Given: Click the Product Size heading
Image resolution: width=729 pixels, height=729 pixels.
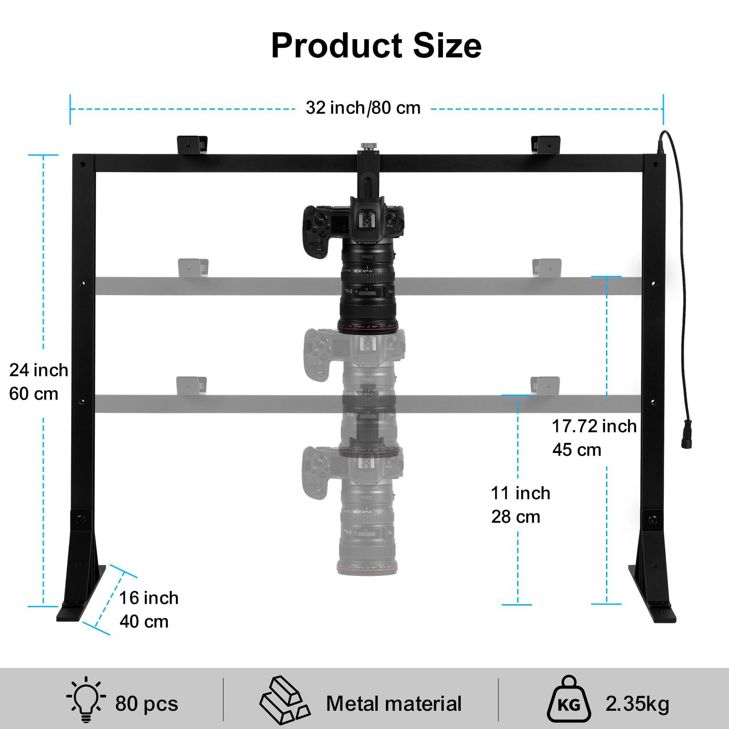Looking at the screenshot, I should pos(376,46).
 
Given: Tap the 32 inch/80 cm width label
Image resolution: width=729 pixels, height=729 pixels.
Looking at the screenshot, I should pos(363,108).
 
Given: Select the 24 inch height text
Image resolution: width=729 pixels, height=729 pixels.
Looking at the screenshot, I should pos(38,370).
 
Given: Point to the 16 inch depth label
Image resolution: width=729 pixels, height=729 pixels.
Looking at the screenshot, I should pos(149,598).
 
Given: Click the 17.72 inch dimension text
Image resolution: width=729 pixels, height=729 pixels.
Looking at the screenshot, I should pos(594,426).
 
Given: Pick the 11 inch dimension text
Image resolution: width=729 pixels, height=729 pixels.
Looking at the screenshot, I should pos(520,493).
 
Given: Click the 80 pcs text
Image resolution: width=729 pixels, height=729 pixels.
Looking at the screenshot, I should pos(146,704).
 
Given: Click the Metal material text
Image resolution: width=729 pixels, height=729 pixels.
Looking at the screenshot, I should pos(394,704).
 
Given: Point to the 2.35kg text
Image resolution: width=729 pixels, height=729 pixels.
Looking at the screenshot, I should pos(637,704).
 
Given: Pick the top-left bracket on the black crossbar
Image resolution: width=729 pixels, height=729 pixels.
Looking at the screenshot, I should pos(192,144).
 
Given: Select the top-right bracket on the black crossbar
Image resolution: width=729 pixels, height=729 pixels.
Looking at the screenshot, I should pos(546,144).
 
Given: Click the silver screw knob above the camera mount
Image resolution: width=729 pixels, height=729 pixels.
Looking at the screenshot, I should pos(366,147).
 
